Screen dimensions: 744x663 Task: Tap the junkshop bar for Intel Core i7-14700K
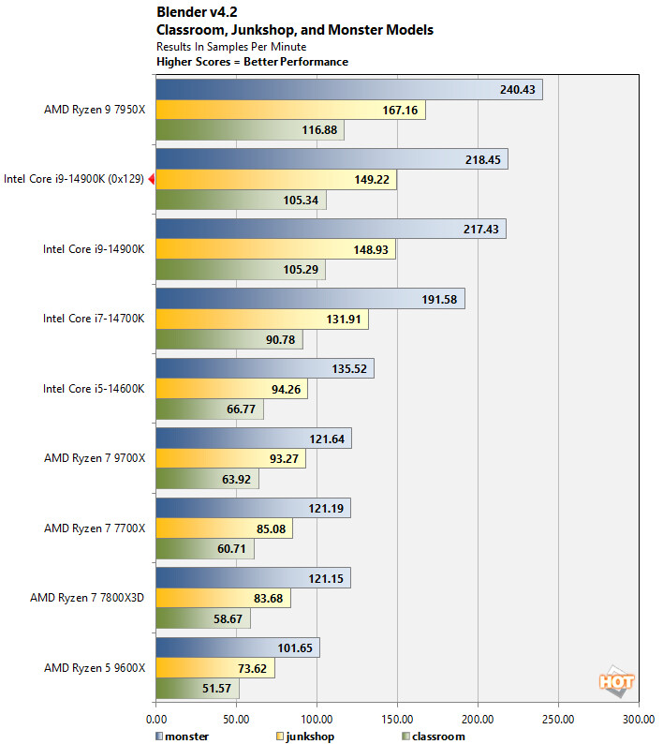262,320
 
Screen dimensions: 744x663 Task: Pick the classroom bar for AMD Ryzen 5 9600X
197,689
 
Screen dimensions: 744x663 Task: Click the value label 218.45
483,159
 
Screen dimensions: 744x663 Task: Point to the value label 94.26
280,389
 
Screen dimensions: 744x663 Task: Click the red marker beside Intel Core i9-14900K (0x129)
151,179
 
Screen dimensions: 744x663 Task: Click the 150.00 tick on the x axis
397,720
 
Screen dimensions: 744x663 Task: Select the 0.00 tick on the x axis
155,720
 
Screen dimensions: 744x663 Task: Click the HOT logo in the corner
618,683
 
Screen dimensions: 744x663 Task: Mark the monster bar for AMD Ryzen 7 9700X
253,439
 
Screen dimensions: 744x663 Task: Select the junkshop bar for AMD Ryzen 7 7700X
224,528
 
